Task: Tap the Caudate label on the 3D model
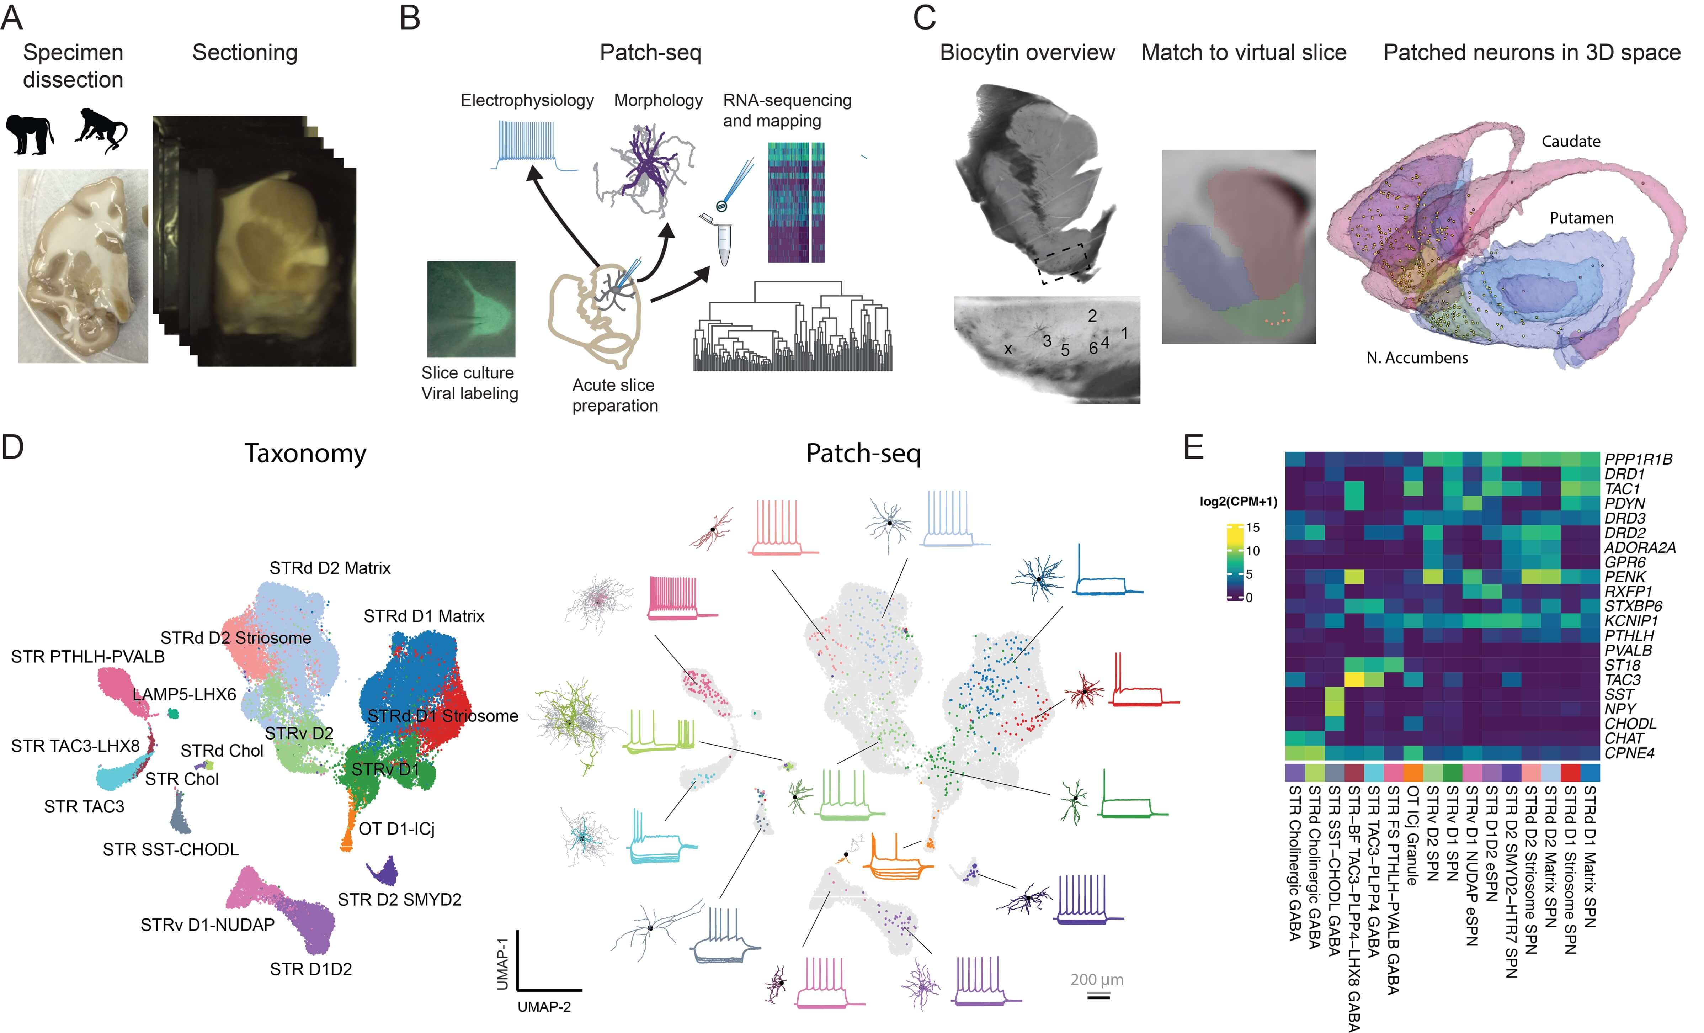tap(1571, 141)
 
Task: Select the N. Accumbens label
tap(1417, 358)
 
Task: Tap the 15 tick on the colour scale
tap(1252, 527)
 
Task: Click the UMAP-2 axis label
tap(544, 1007)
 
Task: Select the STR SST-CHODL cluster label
tap(171, 850)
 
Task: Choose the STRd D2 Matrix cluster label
tap(330, 568)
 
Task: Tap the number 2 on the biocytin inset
tap(1092, 316)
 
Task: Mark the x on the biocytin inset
tap(1008, 349)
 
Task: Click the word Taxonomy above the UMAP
tap(305, 454)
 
